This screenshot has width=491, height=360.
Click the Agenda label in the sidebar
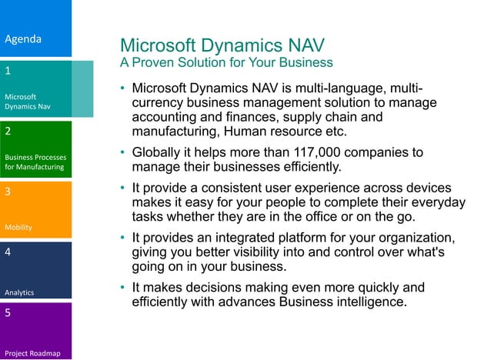23,38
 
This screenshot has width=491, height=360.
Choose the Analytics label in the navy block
19,292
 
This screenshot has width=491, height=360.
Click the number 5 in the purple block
8,313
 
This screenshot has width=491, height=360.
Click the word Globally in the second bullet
159,152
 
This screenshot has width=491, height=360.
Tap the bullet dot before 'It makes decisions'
122,288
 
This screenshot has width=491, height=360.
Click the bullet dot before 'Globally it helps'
122,153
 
